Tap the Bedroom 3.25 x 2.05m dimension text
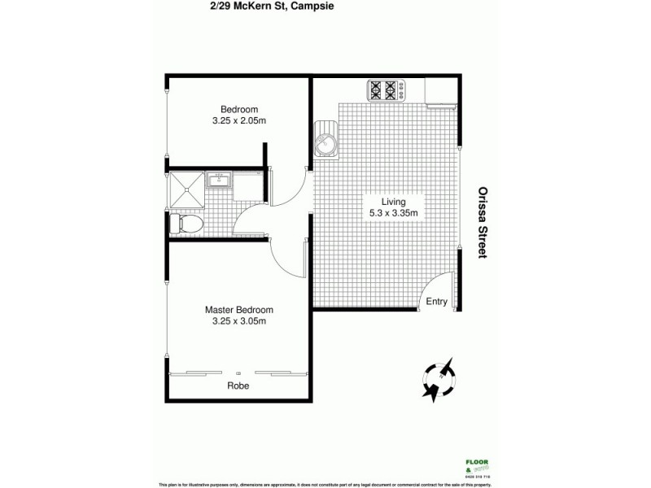[239, 121]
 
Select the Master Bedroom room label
[238, 310]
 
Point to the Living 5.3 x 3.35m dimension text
[394, 214]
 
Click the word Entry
[437, 302]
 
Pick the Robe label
[238, 386]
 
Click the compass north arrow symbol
[439, 379]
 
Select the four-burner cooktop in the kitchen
[387, 89]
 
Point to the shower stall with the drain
[187, 190]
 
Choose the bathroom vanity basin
[219, 181]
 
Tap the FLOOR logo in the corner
[465, 464]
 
